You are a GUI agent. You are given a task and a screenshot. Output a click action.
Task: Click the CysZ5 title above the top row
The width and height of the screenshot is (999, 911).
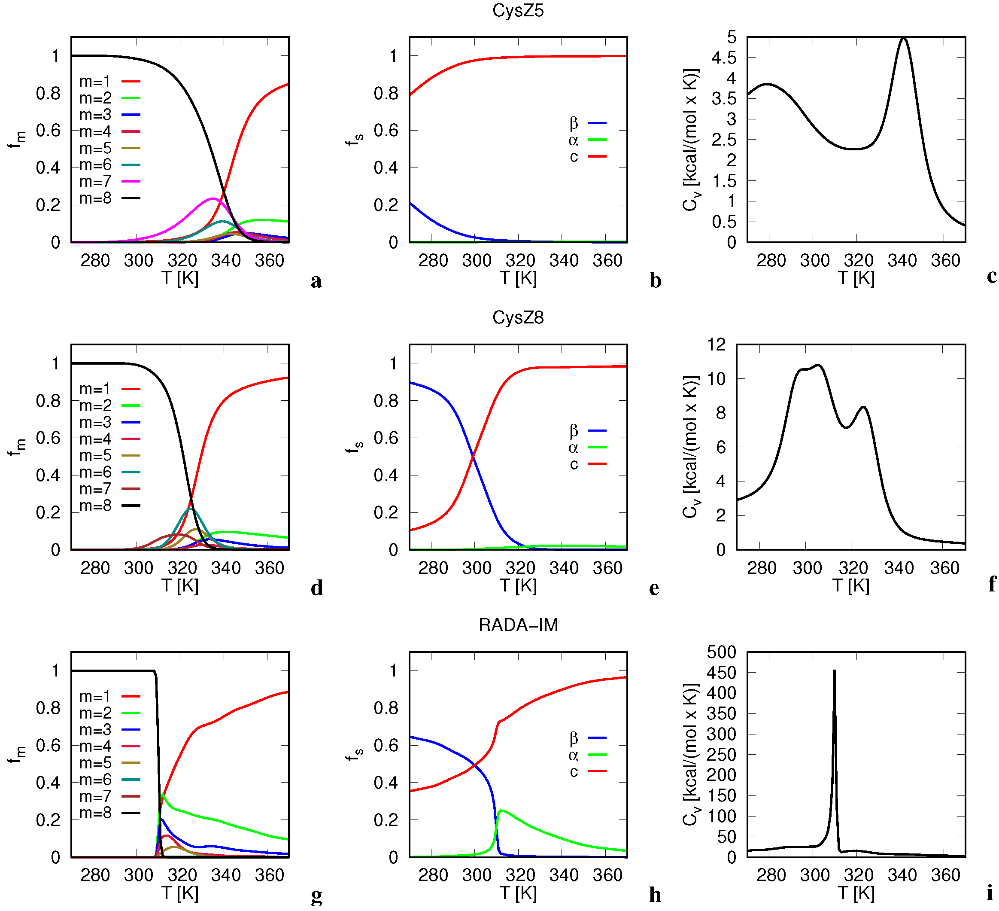coord(518,10)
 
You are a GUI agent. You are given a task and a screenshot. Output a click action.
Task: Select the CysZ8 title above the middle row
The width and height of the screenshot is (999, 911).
coord(518,318)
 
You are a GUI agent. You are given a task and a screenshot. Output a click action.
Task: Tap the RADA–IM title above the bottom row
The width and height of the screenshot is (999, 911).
coord(518,625)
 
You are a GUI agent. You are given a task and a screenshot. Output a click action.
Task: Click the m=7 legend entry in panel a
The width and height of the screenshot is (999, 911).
coord(109,181)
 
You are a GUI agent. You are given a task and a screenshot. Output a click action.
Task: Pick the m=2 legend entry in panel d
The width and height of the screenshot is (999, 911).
coord(109,406)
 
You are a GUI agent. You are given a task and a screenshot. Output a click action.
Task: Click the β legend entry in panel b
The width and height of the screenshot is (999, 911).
coord(587,123)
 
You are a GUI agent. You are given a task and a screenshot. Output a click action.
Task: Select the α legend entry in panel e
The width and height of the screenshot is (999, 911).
coord(587,448)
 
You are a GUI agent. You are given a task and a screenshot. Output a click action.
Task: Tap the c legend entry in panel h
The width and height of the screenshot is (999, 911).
coord(587,772)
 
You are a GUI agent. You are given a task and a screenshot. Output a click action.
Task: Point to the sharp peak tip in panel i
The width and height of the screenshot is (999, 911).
coord(835,670)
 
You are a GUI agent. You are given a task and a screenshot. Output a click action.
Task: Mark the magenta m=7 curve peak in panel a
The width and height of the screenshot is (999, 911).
coord(213,198)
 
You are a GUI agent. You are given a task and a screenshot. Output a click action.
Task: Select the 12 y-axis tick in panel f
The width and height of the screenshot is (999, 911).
coord(717,344)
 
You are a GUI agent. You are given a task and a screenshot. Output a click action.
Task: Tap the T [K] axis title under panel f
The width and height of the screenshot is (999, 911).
coord(851,585)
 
